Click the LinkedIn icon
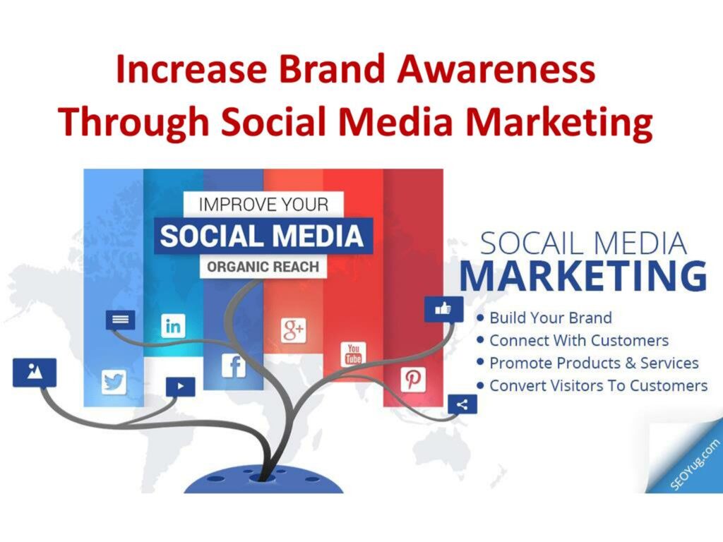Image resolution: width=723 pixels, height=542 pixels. [173, 326]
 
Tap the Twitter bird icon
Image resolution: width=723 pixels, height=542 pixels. [114, 382]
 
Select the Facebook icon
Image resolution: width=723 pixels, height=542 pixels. [234, 366]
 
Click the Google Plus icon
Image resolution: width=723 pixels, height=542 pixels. [294, 330]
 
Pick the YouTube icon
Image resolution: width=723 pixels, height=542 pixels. [353, 354]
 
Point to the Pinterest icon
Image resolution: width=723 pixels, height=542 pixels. [413, 379]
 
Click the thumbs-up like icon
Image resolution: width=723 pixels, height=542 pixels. [443, 309]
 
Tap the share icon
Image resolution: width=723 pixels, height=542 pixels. [462, 404]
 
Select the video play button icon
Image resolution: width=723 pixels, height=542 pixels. [180, 387]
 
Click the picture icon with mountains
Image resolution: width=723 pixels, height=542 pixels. [35, 372]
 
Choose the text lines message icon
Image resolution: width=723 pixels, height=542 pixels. [120, 320]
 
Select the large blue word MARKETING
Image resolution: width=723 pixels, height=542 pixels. [583, 276]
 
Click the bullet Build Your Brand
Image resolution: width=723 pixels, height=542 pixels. [544, 318]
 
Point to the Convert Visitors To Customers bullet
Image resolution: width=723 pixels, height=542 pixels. [592, 385]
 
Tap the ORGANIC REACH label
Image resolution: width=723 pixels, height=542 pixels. [263, 267]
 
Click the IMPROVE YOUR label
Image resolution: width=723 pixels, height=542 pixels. [263, 205]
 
